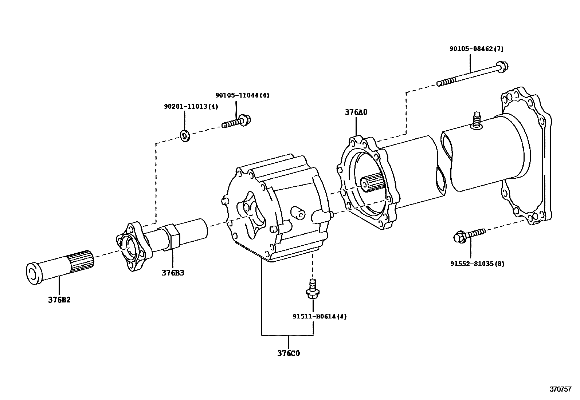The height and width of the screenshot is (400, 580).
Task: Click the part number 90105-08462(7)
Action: point(476,49)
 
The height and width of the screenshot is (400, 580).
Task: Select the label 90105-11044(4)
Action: point(242,95)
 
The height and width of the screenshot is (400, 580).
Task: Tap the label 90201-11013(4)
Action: point(191,106)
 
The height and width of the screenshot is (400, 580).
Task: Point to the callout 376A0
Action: point(356,112)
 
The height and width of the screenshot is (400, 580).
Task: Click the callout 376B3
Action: point(173,273)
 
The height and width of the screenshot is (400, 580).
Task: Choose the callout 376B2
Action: point(59,300)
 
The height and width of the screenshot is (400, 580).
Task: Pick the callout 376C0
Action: point(289,353)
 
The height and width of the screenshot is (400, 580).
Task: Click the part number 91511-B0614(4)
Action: point(320,316)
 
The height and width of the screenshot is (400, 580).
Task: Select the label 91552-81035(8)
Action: point(477,264)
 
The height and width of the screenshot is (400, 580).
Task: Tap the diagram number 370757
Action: point(560,389)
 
